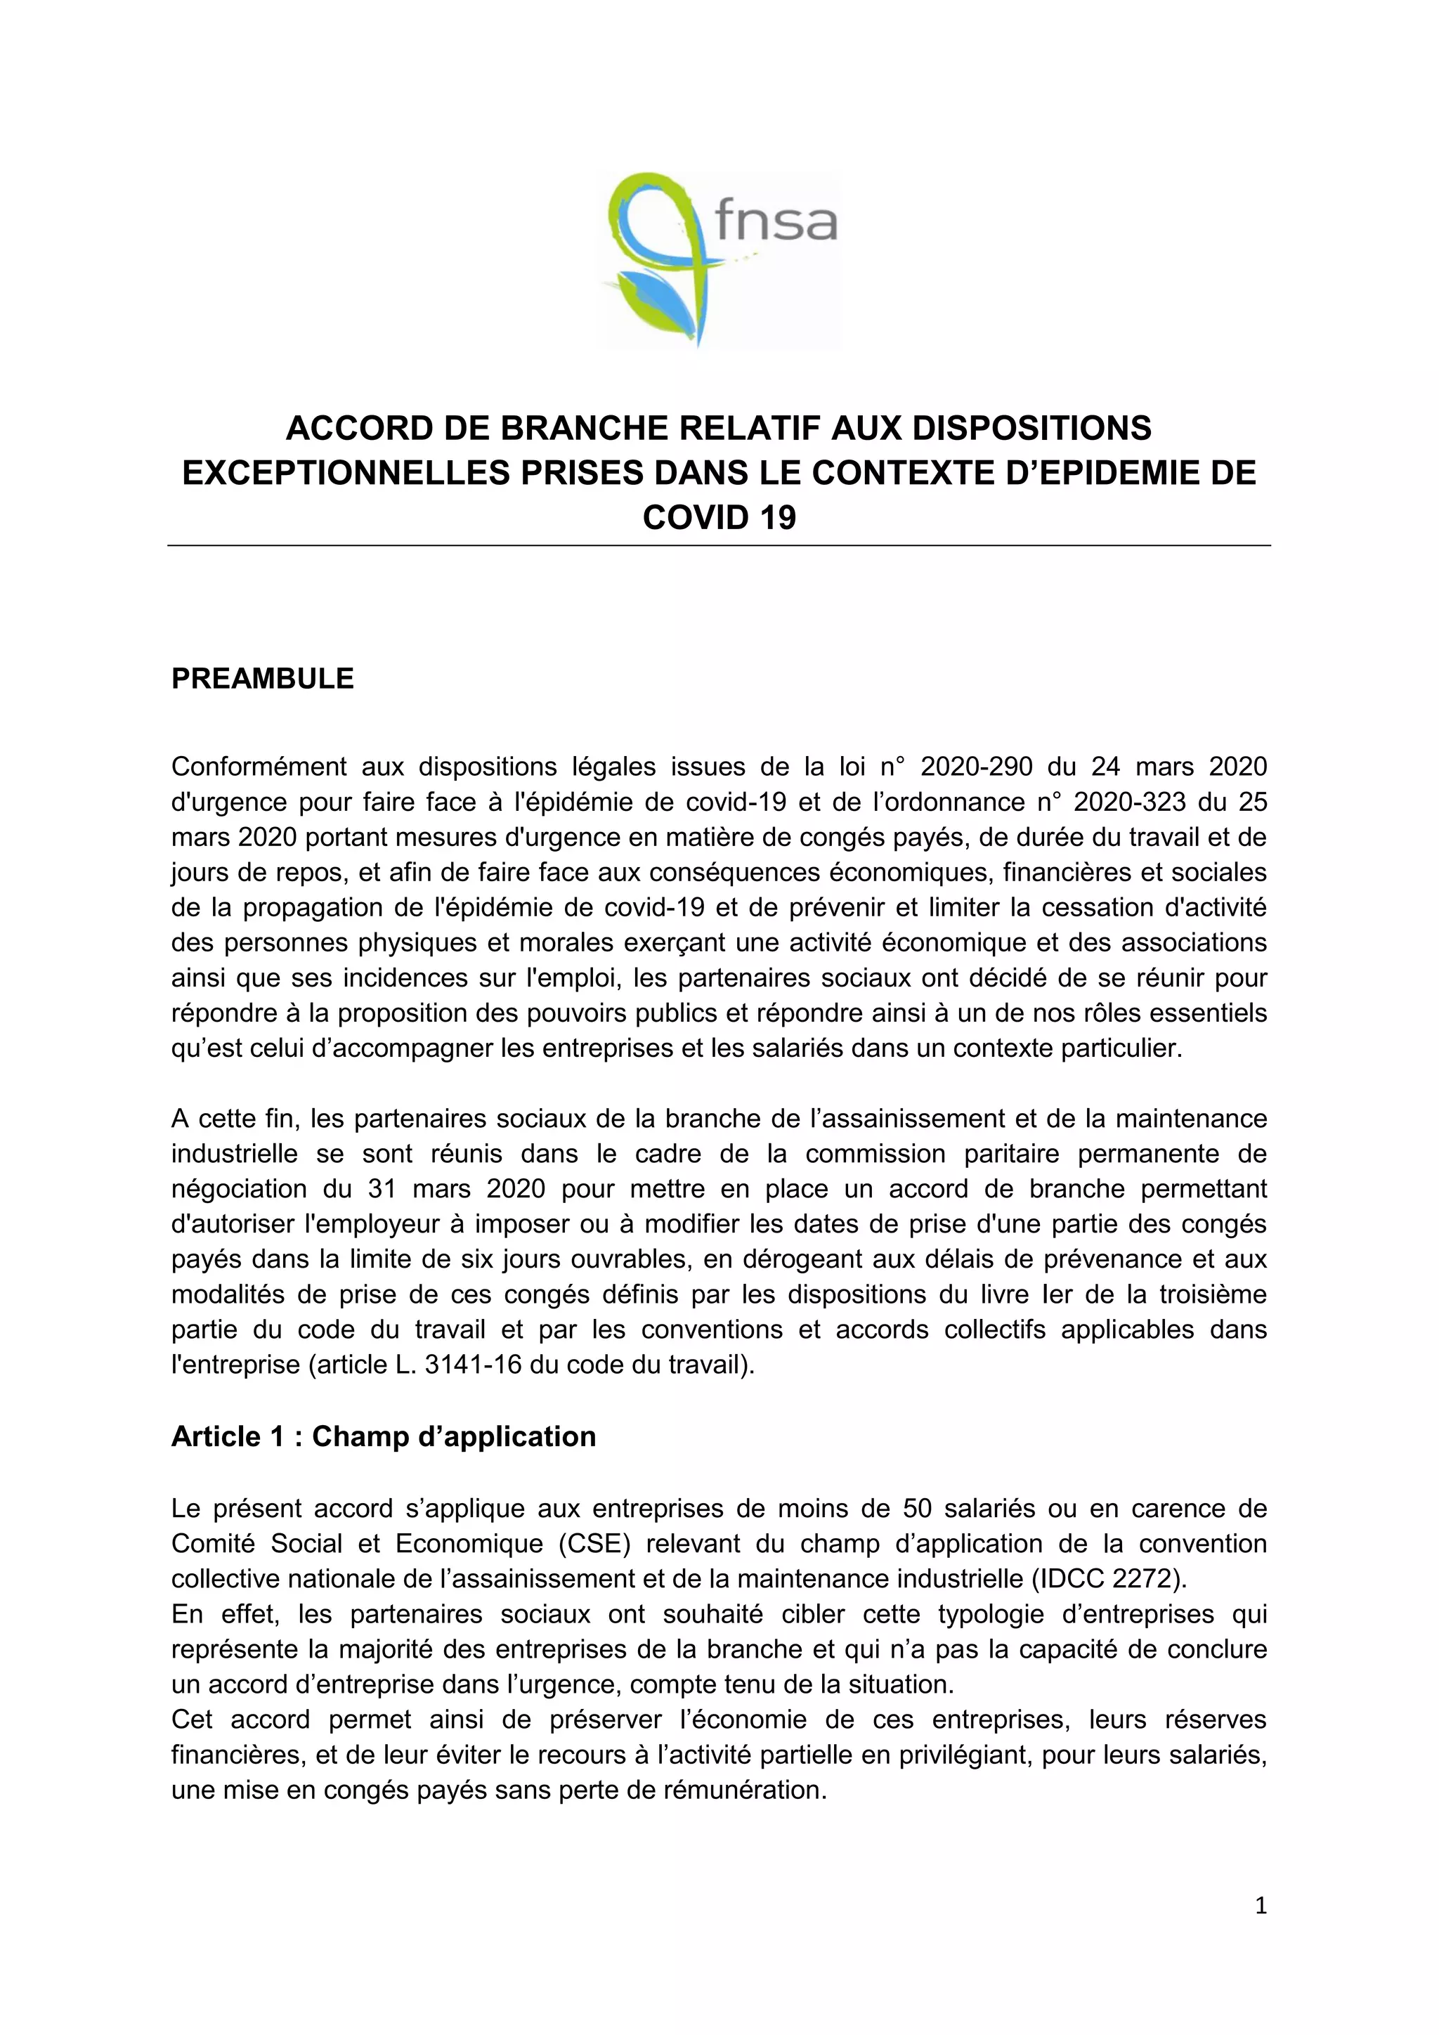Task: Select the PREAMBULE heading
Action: (262, 679)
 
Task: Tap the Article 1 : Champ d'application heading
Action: (383, 1436)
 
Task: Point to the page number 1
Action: (1261, 1906)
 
